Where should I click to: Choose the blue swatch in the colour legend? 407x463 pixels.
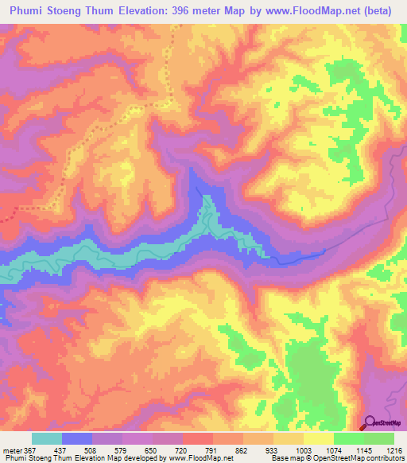77,438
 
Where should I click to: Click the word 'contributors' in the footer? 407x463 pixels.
382,458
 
